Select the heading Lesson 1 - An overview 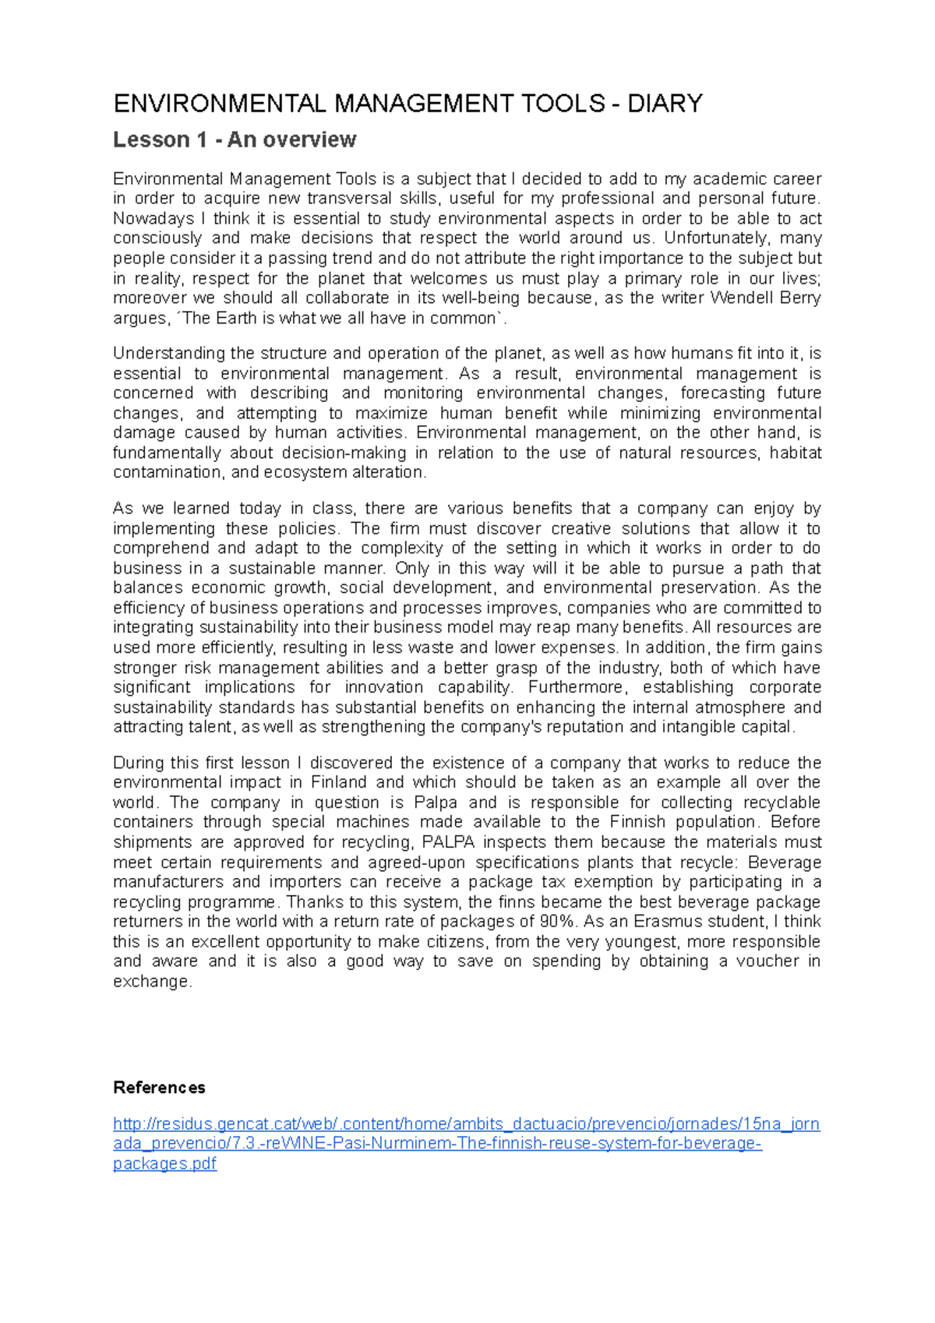coord(235,139)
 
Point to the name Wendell coord(739,298)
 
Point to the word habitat coord(796,453)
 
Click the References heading coord(159,1088)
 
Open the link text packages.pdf coord(164,1164)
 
